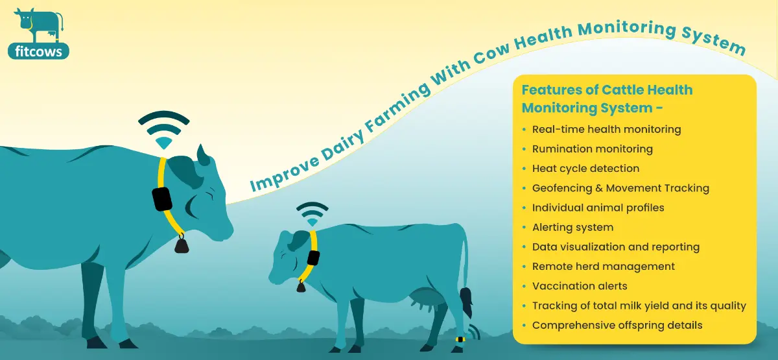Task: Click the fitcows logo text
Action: pyautogui.click(x=38, y=52)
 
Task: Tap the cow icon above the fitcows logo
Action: pyautogui.click(x=39, y=25)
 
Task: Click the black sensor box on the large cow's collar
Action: pyautogui.click(x=162, y=199)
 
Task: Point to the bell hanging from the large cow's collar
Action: pyautogui.click(x=182, y=244)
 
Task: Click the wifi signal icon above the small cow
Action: pyautogui.click(x=312, y=214)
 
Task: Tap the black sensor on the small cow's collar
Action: pyautogui.click(x=313, y=258)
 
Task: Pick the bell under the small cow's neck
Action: pyautogui.click(x=301, y=286)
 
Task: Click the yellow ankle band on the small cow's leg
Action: pyautogui.click(x=460, y=339)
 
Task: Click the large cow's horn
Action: pyautogui.click(x=203, y=155)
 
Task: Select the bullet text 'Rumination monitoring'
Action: pyautogui.click(x=592, y=149)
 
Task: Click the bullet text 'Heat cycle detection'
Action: pyautogui.click(x=585, y=169)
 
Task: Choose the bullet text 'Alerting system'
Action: pyautogui.click(x=572, y=227)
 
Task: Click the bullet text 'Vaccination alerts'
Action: pyautogui.click(x=580, y=286)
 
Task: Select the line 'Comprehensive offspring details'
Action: pyautogui.click(x=617, y=325)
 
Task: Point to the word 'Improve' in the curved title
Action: pyautogui.click(x=284, y=173)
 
